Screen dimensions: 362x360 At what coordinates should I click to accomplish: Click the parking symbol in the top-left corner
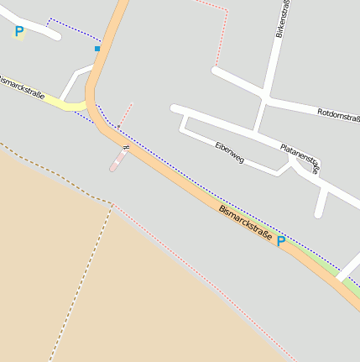coord(18,32)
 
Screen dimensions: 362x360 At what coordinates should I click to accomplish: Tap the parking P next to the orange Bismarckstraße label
coord(281,241)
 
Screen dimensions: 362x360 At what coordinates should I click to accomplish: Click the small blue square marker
coord(97,49)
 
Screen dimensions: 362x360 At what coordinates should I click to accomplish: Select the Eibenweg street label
coord(229,153)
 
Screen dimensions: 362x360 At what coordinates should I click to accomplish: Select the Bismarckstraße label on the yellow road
coord(21,86)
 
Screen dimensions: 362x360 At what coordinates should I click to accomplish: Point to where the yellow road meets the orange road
coord(86,105)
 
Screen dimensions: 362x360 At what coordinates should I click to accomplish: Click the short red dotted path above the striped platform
coord(124,115)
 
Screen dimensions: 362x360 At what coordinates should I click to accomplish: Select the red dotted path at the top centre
coord(223,34)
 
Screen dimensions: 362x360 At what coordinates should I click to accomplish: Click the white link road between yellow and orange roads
coord(71,82)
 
